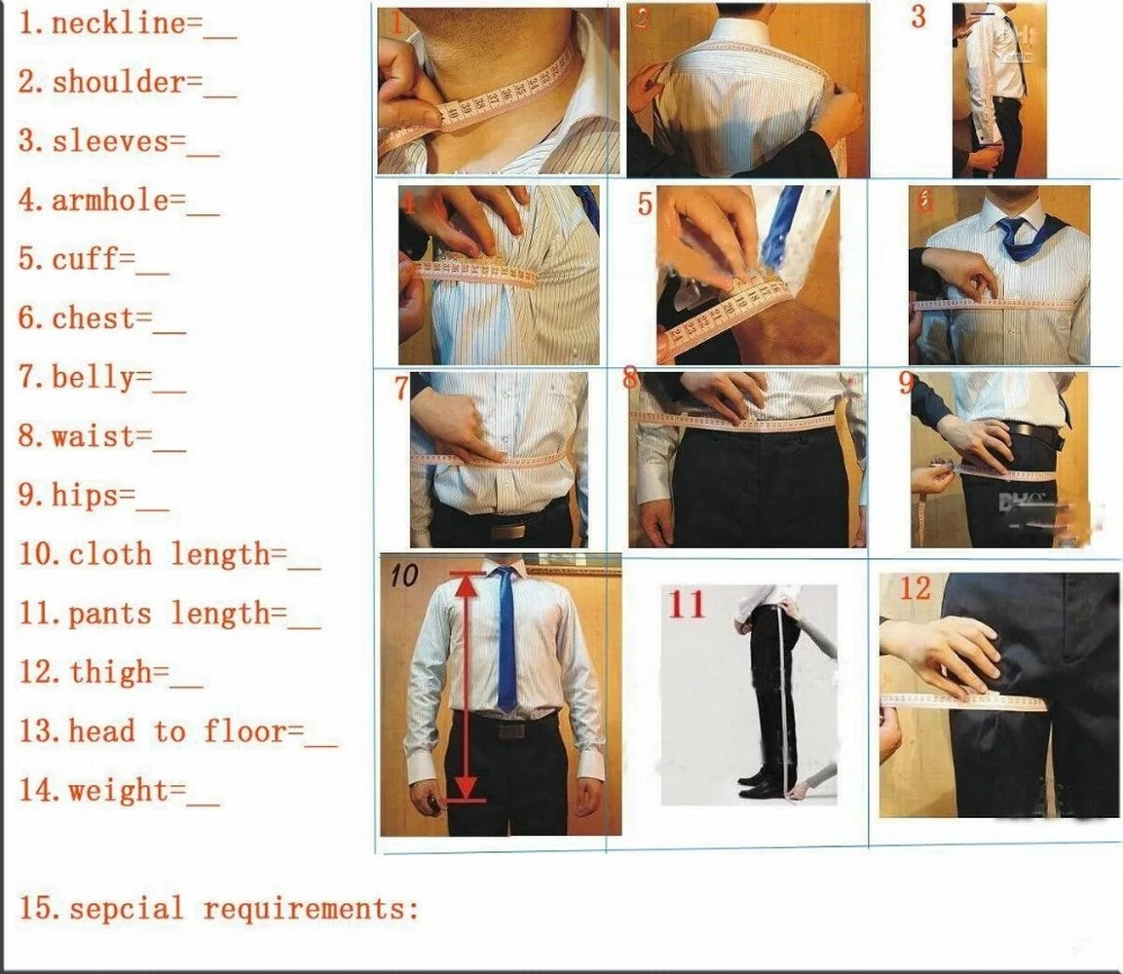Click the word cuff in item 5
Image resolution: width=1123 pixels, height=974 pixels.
(x=84, y=260)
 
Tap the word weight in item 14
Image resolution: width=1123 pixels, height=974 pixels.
(x=125, y=790)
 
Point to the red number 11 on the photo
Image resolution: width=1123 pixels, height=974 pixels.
(x=686, y=605)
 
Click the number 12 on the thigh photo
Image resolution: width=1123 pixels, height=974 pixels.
(x=915, y=588)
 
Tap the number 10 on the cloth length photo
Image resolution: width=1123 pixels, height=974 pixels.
(x=403, y=576)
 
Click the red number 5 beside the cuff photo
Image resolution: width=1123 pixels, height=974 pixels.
(x=644, y=205)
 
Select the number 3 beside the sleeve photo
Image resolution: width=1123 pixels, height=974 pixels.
(x=918, y=18)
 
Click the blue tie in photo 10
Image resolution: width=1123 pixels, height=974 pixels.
(x=505, y=643)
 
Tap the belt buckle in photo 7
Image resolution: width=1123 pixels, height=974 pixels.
(x=507, y=531)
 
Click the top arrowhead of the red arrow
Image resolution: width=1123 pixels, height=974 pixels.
(x=469, y=582)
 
